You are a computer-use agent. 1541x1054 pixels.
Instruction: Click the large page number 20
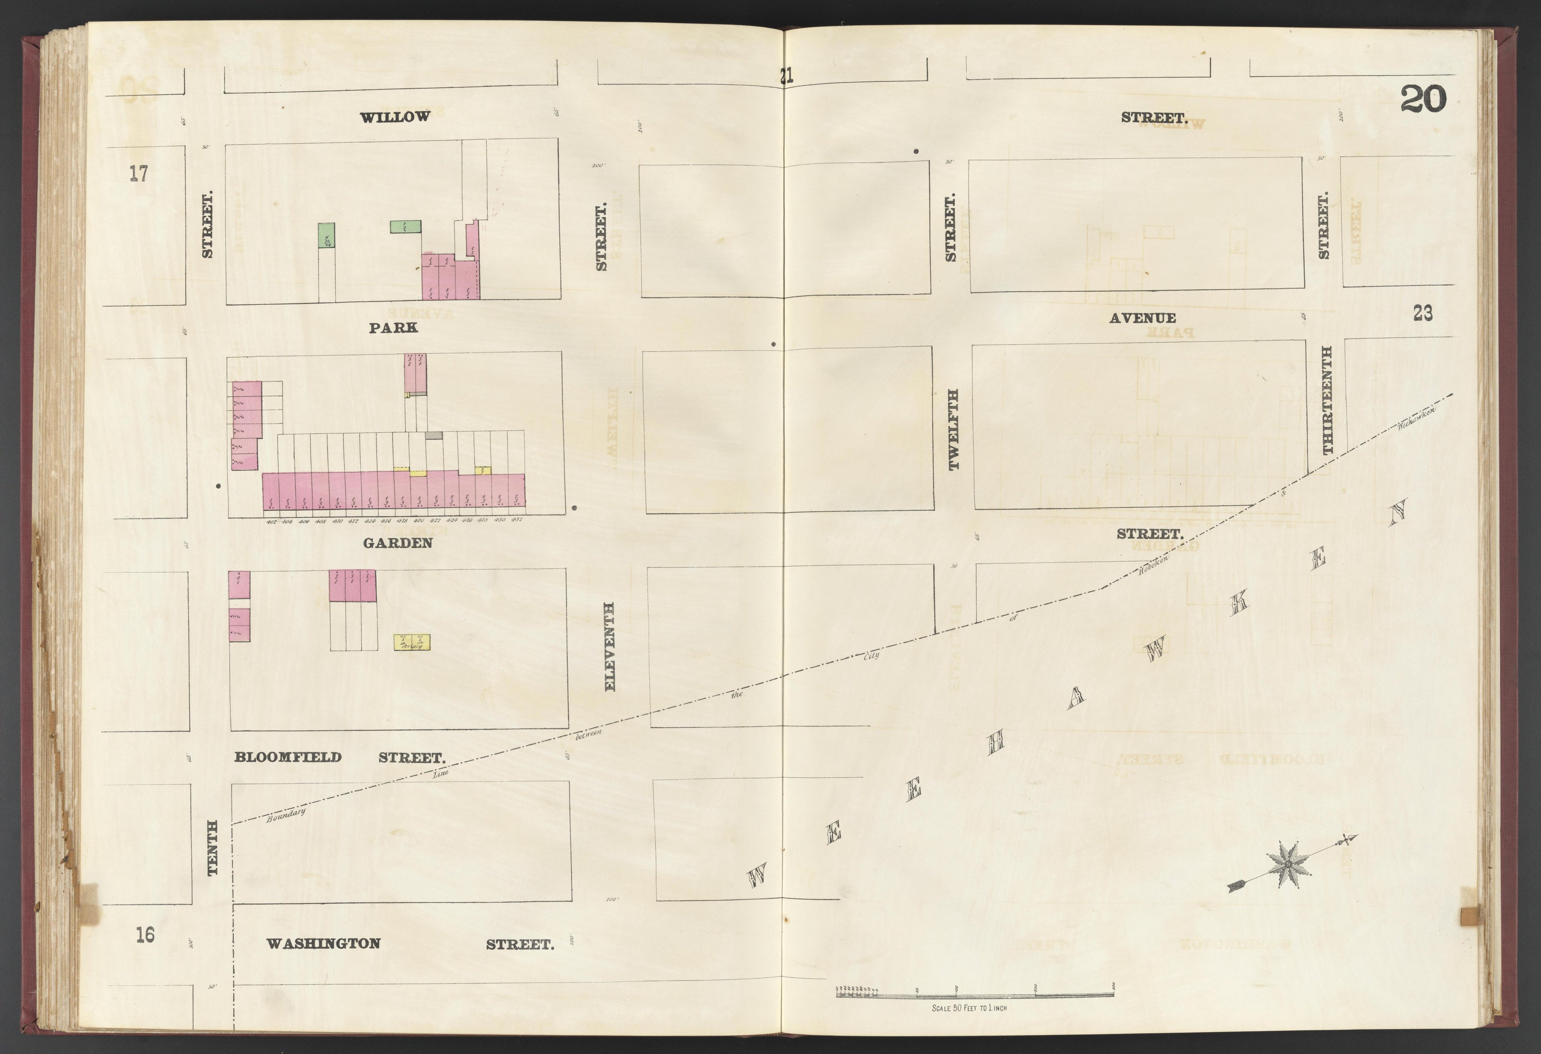(x=1423, y=101)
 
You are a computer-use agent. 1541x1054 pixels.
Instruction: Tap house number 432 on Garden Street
(x=517, y=520)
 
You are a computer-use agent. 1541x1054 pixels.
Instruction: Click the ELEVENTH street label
(x=610, y=646)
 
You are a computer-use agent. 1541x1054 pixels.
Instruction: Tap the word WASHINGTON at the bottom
(x=323, y=943)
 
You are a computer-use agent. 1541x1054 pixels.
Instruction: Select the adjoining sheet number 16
(x=145, y=935)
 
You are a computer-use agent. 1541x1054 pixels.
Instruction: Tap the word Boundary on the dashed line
(x=286, y=815)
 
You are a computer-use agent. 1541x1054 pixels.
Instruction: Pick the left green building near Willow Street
(x=325, y=236)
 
